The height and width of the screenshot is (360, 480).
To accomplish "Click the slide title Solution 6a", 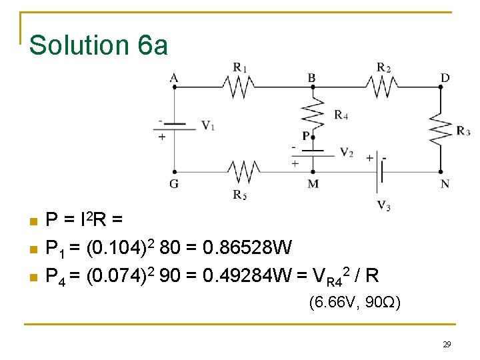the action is [99, 45].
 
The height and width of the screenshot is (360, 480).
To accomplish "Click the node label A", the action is [174, 78].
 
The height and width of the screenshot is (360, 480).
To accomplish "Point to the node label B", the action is [312, 78].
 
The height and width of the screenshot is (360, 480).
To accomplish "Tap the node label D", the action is [445, 78].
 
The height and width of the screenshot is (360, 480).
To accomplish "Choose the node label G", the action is [174, 183].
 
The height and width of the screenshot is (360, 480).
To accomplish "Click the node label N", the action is [445, 183].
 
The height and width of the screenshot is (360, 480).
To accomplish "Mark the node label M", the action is [313, 183].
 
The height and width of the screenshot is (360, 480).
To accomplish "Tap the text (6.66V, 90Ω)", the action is [355, 303].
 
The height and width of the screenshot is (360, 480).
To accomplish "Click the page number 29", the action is [447, 345].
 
